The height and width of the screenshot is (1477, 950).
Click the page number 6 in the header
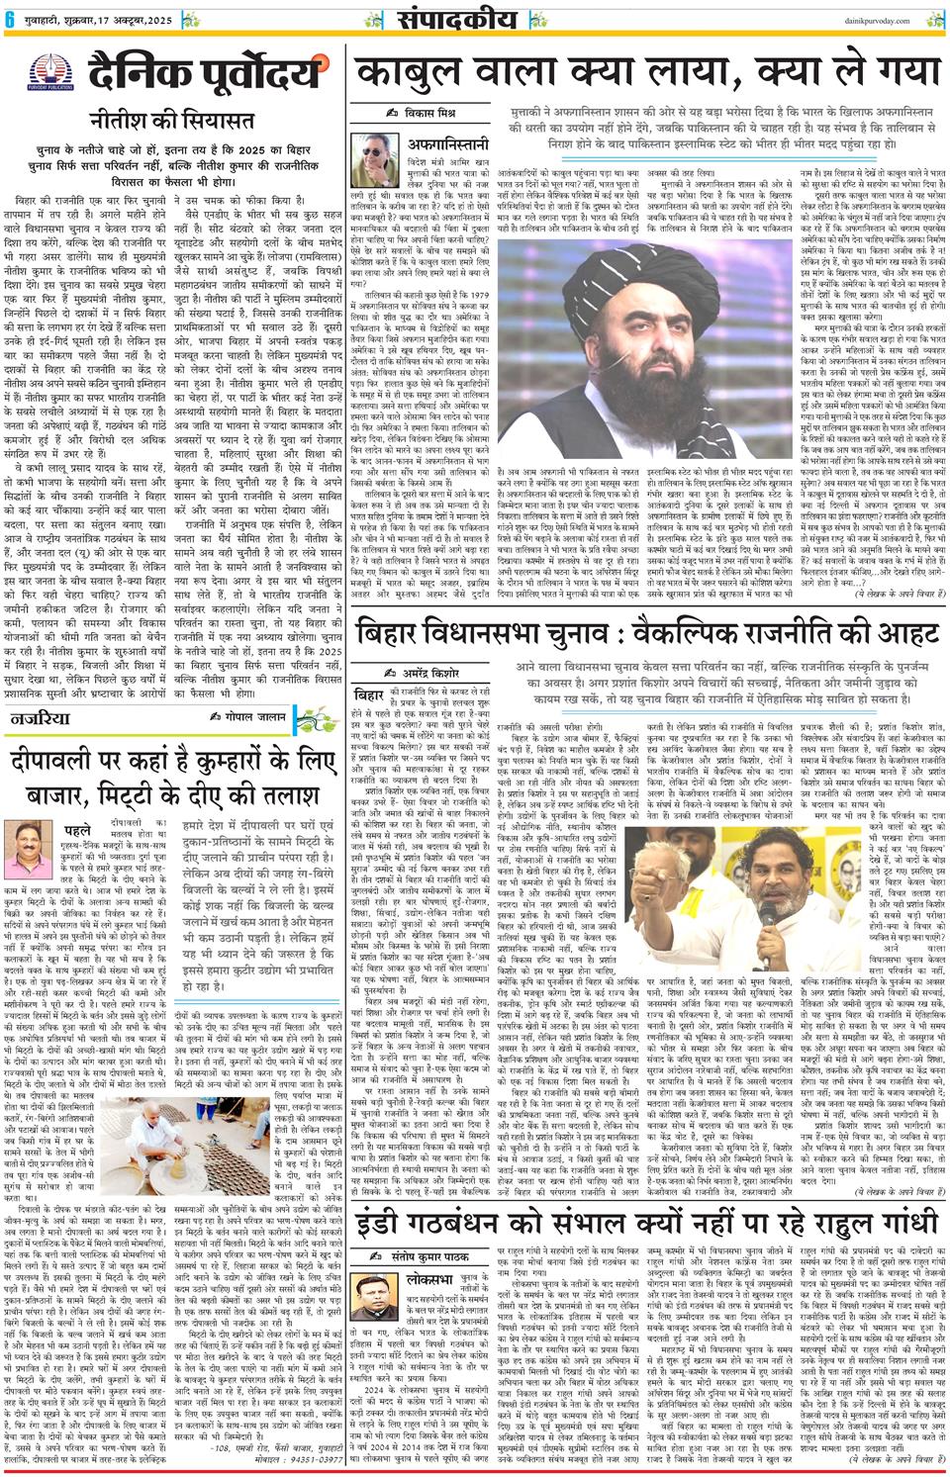[9, 13]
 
